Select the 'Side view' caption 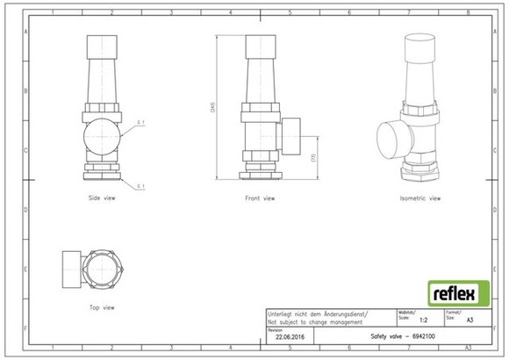(102, 198)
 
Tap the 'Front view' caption (260, 198)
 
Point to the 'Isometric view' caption (420, 198)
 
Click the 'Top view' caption (102, 307)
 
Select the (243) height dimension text (213, 107)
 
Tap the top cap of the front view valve (260, 46)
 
